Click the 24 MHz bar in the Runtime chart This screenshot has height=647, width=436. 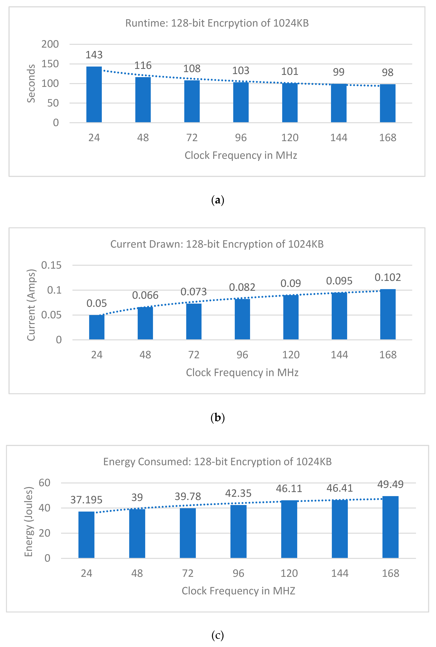click(x=94, y=95)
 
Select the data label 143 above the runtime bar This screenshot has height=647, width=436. click(x=94, y=55)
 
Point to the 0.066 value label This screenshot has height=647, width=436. click(x=145, y=295)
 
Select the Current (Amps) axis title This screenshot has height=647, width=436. click(x=31, y=305)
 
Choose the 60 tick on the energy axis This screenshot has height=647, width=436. click(x=45, y=483)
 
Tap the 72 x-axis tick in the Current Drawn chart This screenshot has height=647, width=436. click(x=194, y=355)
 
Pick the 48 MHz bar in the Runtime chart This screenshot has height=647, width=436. click(x=143, y=100)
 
